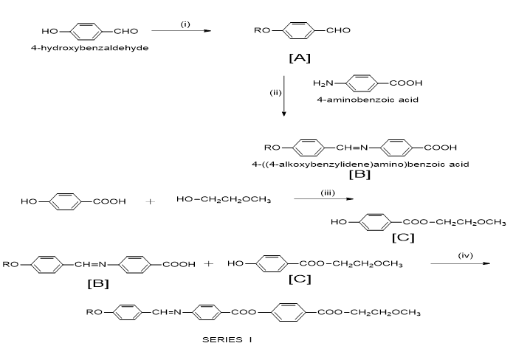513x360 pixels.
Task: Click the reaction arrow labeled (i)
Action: click(x=182, y=31)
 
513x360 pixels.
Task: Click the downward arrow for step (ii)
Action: click(x=283, y=96)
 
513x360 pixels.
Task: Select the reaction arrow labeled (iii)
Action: click(x=323, y=198)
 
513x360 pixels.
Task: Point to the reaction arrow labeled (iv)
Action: click(x=461, y=263)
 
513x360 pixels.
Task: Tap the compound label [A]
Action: click(x=300, y=58)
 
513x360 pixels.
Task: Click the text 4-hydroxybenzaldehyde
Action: click(x=89, y=48)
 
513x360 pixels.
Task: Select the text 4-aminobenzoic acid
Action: click(x=368, y=100)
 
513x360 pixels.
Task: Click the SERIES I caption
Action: click(x=227, y=340)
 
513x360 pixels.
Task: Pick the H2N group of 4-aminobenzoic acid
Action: click(x=323, y=83)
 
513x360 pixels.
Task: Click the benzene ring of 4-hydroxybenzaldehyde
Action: click(x=86, y=32)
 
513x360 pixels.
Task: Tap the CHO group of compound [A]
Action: click(x=338, y=30)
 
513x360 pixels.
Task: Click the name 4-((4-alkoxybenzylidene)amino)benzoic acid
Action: click(x=360, y=165)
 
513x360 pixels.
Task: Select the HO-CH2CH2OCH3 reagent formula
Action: click(x=224, y=199)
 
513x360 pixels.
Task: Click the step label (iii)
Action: click(x=328, y=193)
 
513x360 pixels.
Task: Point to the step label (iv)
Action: click(x=465, y=255)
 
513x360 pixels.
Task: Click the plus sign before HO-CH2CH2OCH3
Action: click(x=150, y=201)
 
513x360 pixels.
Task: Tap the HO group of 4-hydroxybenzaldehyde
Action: click(x=49, y=32)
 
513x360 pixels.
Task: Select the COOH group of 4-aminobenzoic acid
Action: click(x=406, y=83)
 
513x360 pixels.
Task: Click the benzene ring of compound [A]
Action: click(x=299, y=31)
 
